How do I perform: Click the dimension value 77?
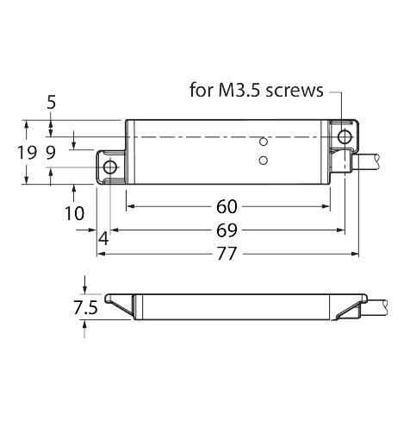pos(227,254)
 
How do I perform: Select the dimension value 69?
pos(227,230)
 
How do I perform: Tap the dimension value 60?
pos(227,206)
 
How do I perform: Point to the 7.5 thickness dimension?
pos(85,307)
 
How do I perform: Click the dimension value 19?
pos(28,153)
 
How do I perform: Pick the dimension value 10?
pos(74,213)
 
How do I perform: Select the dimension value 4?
pos(103,239)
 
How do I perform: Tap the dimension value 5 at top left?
pos(51,103)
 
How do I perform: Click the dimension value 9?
pos(51,153)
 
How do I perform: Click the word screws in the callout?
pos(295,91)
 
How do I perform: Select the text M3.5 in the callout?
pos(239,90)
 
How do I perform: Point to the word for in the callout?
pos(202,90)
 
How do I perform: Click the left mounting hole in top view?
pos(110,167)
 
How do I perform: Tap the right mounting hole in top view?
pos(345,137)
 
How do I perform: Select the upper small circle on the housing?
pos(264,142)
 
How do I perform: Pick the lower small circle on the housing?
pos(264,161)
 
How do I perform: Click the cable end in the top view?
pos(377,161)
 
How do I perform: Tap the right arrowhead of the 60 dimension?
pos(326,206)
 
